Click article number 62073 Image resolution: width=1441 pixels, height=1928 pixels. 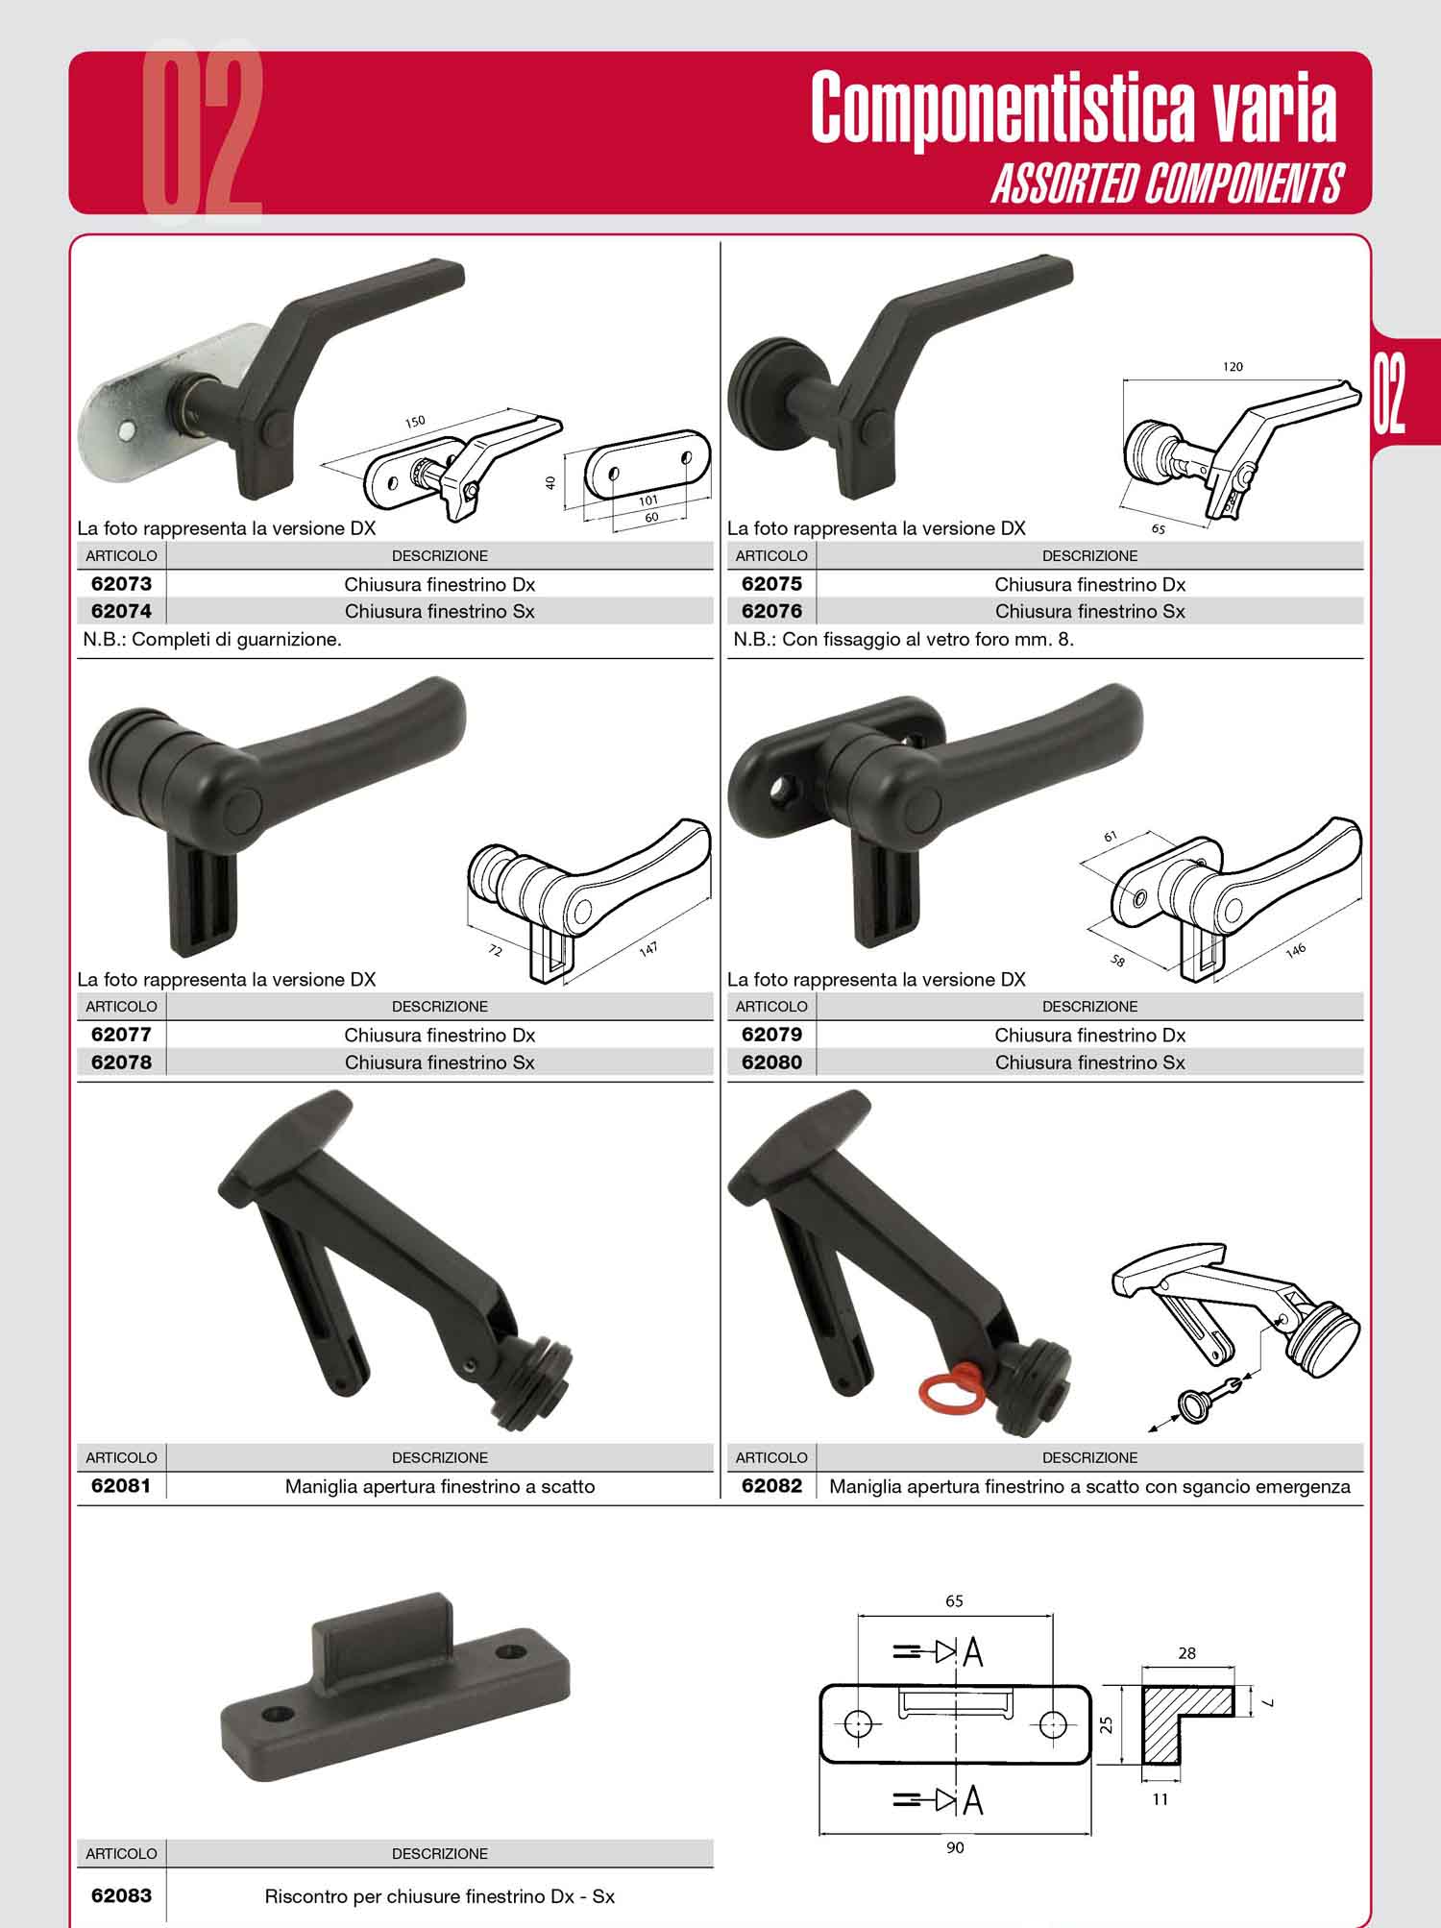point(121,584)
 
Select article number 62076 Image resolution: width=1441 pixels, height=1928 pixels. point(771,611)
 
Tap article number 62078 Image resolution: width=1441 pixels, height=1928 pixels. point(121,1062)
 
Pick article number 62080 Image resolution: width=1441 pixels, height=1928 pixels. point(771,1062)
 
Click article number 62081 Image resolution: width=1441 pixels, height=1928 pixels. point(121,1486)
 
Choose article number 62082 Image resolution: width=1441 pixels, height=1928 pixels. point(771,1486)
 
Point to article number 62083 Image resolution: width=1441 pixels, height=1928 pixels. point(121,1896)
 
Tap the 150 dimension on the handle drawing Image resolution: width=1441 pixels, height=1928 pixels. point(414,422)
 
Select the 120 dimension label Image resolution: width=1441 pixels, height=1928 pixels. point(1233,366)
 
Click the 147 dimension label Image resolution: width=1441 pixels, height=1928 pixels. point(648,950)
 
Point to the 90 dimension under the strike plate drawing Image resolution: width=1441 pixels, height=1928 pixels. point(955,1847)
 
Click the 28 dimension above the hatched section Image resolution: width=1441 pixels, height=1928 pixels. point(1187,1653)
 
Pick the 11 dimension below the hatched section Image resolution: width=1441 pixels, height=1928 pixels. point(1160,1799)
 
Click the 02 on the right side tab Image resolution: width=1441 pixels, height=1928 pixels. point(1389,395)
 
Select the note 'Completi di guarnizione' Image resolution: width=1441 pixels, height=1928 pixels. point(236,640)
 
